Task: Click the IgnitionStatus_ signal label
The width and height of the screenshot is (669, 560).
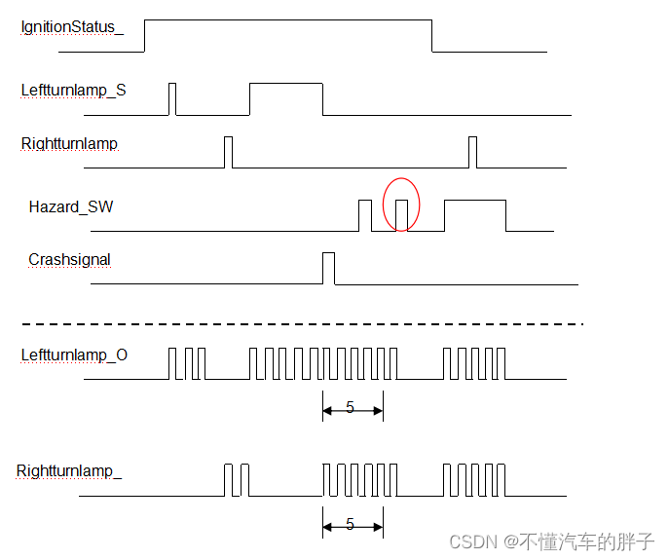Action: coord(72,27)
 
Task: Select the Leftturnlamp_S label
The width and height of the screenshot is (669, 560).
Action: coord(73,91)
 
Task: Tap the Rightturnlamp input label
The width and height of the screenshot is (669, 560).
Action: coord(69,144)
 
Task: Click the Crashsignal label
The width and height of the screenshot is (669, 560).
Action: coord(69,260)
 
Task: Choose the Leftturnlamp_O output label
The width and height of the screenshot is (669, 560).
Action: coord(74,355)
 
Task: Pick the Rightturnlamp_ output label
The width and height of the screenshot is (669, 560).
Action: coord(69,472)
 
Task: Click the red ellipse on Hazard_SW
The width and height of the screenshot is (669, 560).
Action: coord(401,205)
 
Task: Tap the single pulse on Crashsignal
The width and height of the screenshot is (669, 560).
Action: coord(328,268)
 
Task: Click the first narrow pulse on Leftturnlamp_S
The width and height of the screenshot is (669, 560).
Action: coord(172,99)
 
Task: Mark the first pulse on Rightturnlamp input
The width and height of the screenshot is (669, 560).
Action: coord(229,152)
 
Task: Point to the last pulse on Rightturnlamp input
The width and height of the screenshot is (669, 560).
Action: coord(473,152)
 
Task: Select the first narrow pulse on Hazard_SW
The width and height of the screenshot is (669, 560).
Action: coord(365,214)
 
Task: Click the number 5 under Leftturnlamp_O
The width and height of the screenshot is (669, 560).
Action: coord(351,408)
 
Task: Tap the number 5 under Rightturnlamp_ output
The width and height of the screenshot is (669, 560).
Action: coord(351,525)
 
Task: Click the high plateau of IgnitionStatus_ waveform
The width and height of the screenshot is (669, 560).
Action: coord(287,21)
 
